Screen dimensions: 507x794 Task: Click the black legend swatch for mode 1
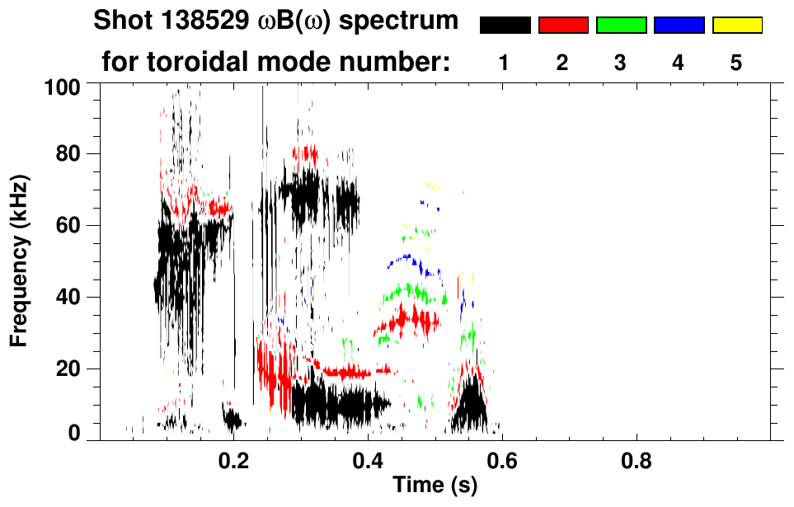(x=505, y=26)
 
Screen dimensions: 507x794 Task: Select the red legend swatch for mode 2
(x=563, y=26)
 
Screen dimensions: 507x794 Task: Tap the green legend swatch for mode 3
(x=621, y=26)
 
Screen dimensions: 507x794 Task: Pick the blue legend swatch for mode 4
(x=679, y=26)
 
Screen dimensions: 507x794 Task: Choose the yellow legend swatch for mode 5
(x=736, y=26)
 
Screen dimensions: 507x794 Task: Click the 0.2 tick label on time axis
(x=234, y=458)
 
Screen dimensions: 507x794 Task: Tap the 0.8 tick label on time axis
(x=637, y=458)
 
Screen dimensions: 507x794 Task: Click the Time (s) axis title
(x=435, y=486)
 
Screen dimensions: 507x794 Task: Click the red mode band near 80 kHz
(x=306, y=153)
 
